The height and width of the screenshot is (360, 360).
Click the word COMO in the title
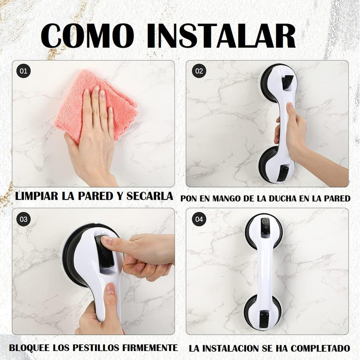click(87, 36)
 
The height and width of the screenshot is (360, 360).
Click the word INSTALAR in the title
click(221, 36)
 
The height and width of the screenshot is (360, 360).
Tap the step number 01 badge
click(23, 71)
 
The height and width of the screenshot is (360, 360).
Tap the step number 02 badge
click(199, 71)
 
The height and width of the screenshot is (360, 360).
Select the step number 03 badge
click(23, 219)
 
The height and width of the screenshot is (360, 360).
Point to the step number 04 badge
click(199, 219)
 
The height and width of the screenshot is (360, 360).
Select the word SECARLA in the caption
click(149, 196)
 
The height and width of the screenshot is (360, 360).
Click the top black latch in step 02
click(288, 83)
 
